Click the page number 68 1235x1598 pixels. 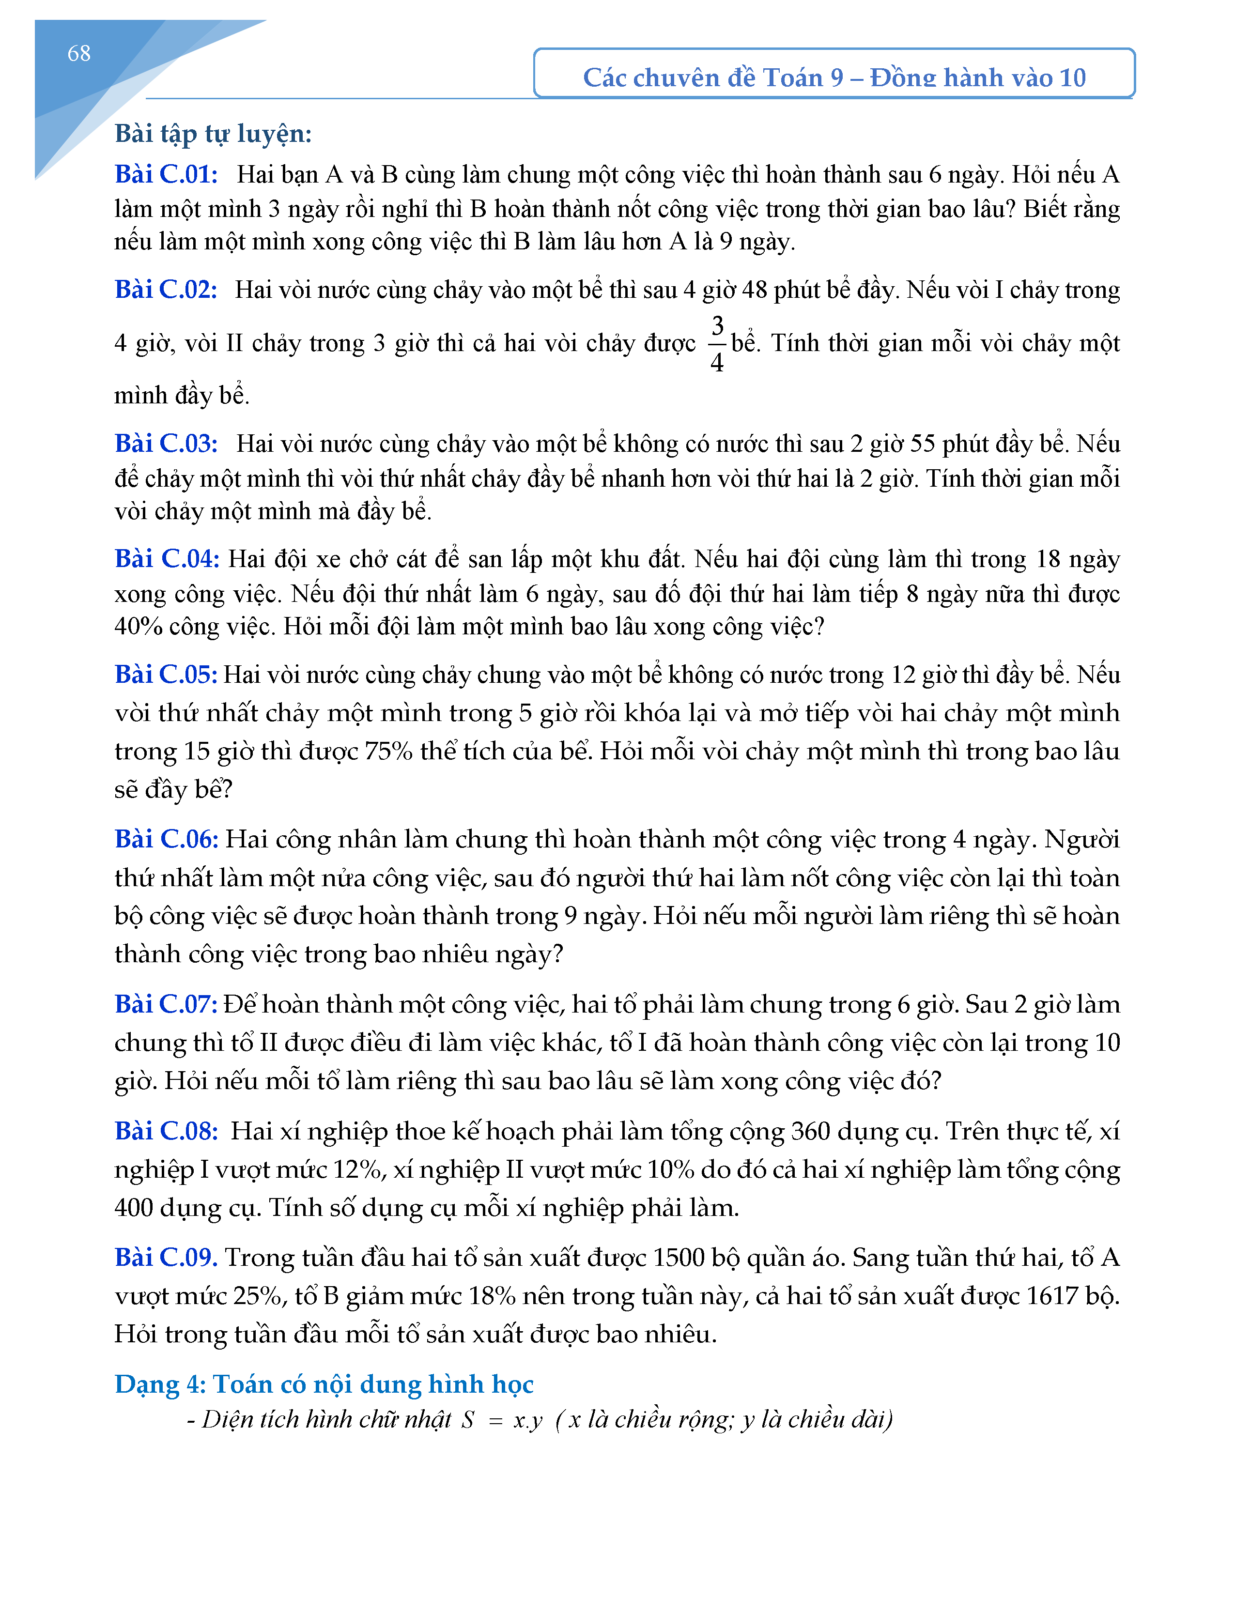[78, 53]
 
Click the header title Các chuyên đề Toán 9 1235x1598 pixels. [834, 77]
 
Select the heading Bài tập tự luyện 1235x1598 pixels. [213, 134]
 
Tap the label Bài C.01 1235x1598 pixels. [166, 174]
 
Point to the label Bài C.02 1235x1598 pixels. [166, 290]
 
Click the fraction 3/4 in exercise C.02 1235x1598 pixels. [717, 343]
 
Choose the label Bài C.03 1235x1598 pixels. [166, 444]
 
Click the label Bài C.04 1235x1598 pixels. [167, 559]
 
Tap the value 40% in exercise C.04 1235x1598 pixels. [139, 626]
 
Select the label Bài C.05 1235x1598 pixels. [166, 675]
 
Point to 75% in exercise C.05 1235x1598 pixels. [388, 752]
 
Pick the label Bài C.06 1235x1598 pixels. [167, 839]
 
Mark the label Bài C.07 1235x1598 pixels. [166, 1005]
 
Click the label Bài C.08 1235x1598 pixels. [166, 1131]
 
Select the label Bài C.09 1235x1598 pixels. [166, 1258]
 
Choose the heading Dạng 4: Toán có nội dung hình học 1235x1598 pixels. [324, 1384]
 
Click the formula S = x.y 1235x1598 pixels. [502, 1420]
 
